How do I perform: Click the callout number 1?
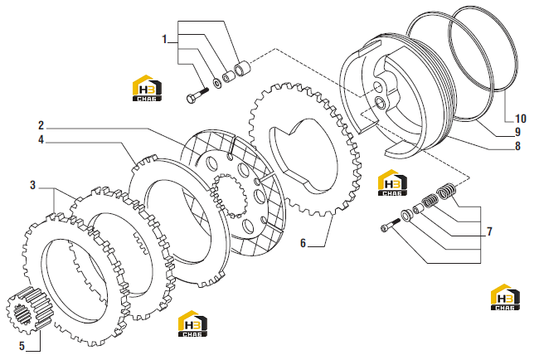click(x=164, y=39)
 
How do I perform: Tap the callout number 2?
click(x=41, y=125)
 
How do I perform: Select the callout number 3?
click(x=32, y=185)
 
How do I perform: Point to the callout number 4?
click(x=41, y=139)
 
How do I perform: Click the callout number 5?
click(x=22, y=346)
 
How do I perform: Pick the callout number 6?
click(x=303, y=243)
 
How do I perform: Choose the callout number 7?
click(x=489, y=231)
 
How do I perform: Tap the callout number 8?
click(x=517, y=146)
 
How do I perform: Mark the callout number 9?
click(x=517, y=132)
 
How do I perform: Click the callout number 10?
click(x=521, y=119)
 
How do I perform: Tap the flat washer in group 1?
click(x=217, y=83)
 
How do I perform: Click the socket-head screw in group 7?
click(x=390, y=225)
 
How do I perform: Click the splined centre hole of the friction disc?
click(x=229, y=196)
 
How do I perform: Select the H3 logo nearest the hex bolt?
click(x=147, y=88)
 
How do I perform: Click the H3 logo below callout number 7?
click(x=505, y=297)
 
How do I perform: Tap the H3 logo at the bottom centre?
click(x=192, y=324)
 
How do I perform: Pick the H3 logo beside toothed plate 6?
click(x=392, y=182)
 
